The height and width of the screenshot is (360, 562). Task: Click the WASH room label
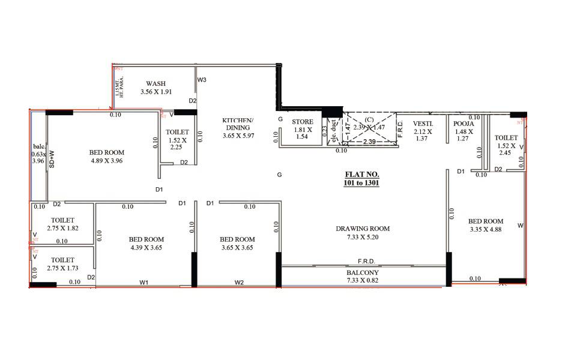point(156,83)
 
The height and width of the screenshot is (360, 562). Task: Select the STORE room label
point(303,122)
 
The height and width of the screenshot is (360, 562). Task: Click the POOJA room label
point(464,124)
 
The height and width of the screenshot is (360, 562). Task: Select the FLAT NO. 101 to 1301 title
point(363,178)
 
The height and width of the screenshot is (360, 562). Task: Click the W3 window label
point(202,80)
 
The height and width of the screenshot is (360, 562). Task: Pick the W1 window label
point(144,282)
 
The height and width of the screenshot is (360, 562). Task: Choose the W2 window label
point(239,282)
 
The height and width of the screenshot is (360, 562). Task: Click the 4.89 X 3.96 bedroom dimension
point(106,161)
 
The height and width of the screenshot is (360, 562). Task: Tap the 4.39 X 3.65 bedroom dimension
point(146,247)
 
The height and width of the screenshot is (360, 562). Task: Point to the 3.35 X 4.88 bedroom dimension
point(486,229)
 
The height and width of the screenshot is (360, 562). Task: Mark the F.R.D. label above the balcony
point(366,262)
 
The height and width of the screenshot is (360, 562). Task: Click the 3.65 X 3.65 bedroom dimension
point(237,247)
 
